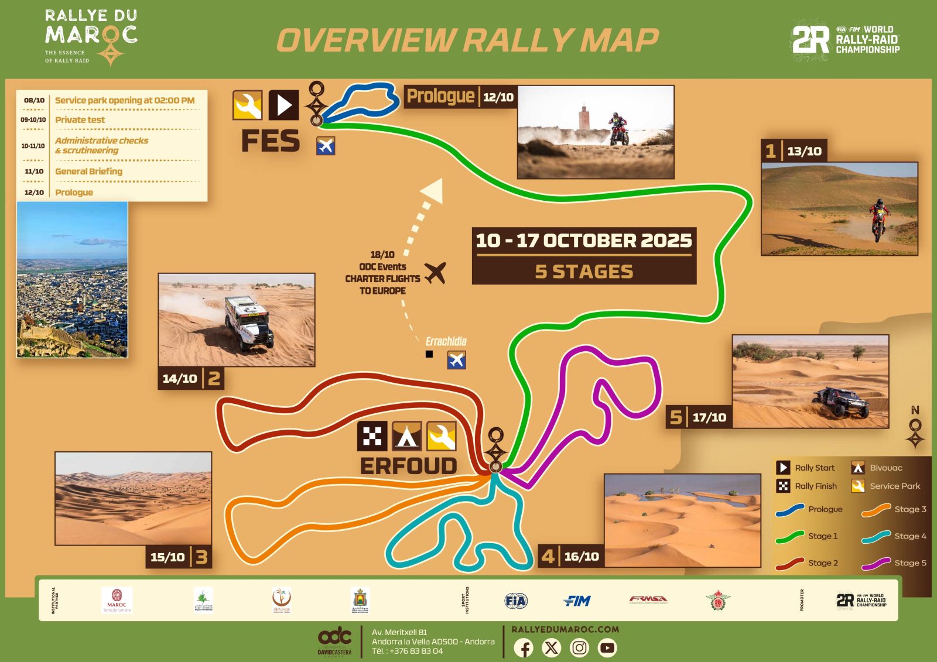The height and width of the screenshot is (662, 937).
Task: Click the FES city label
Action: pos(271,141)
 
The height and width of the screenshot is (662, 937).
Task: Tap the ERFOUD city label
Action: pos(408,466)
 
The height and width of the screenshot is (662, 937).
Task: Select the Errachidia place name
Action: pos(446,341)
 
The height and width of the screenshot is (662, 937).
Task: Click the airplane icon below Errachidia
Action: pos(456,360)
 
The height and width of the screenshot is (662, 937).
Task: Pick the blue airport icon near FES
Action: pos(326,145)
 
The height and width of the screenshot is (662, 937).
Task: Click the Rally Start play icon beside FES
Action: pos(284,105)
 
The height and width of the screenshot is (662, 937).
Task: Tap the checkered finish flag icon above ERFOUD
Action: pos(372,436)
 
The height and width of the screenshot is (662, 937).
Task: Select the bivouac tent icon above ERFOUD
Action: pos(407,436)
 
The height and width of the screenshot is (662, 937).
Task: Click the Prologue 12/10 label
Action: pos(460,96)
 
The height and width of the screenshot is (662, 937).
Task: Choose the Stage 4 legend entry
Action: pos(894,536)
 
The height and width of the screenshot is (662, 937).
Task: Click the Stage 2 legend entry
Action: pos(808,563)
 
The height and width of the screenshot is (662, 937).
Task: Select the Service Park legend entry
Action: pos(887,486)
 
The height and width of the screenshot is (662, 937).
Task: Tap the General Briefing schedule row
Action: pos(88,171)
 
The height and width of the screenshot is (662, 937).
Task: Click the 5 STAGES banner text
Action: pos(584,272)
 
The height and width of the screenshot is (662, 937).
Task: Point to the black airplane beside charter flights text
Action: pos(436,273)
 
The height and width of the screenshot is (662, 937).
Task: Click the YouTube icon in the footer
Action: pos(607,648)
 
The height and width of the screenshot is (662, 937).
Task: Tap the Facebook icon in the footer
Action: pos(524,648)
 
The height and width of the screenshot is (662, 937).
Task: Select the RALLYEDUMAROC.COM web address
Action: pos(565,629)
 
